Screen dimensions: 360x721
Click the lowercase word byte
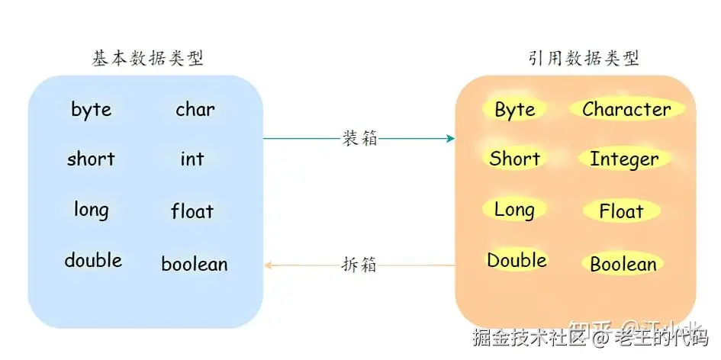(91, 110)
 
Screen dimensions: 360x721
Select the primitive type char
(195, 110)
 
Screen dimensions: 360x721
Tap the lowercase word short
(90, 159)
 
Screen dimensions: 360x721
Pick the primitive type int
(192, 159)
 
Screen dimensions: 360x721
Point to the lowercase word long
(91, 210)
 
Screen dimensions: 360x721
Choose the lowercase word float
(192, 211)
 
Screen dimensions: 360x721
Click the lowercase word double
(93, 260)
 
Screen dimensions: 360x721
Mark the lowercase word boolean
(194, 265)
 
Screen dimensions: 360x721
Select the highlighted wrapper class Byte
(515, 110)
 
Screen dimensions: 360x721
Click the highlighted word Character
(626, 110)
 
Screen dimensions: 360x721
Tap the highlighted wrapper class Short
(514, 159)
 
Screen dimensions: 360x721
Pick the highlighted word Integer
(624, 160)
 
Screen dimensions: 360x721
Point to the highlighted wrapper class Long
(514, 210)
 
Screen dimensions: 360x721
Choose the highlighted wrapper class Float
(621, 211)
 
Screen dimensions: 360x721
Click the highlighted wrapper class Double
(517, 260)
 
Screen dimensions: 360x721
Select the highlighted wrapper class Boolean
(623, 265)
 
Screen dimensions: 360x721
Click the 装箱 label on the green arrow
(359, 138)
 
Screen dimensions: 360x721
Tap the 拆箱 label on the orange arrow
(359, 265)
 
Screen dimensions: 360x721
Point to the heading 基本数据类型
(147, 58)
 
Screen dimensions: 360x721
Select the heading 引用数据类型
(584, 58)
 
